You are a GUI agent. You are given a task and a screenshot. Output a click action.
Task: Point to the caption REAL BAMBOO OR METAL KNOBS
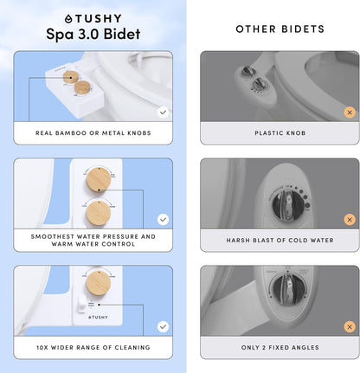(93, 133)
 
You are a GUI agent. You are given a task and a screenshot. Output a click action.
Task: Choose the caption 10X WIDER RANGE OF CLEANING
(93, 347)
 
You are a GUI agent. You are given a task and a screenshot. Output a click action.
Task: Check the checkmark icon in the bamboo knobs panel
(163, 112)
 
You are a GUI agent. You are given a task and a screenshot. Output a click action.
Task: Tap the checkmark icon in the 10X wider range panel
(163, 326)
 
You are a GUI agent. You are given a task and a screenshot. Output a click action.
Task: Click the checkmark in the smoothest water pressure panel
(163, 219)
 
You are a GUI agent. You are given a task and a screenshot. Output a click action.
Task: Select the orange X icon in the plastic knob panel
(349, 113)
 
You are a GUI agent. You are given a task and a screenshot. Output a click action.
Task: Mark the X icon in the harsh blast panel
(349, 220)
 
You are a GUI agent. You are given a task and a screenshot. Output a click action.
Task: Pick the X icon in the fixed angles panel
(349, 326)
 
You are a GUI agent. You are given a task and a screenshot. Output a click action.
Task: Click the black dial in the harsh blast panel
(286, 208)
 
